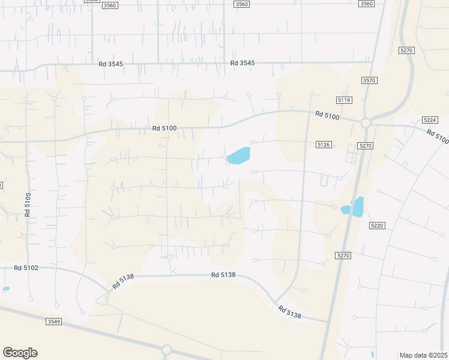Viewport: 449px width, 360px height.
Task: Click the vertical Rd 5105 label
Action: (28, 205)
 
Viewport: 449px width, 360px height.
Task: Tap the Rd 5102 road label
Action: (26, 268)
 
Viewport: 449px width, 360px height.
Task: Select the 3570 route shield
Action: (369, 80)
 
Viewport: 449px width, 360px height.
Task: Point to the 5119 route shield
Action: (344, 100)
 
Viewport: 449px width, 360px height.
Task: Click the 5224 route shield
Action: (429, 120)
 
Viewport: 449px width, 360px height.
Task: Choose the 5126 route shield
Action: (324, 145)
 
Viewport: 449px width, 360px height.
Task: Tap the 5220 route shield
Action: (377, 225)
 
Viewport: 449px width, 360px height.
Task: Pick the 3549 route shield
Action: (53, 322)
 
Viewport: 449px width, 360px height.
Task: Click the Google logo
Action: (20, 353)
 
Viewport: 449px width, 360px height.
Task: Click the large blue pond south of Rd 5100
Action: (239, 155)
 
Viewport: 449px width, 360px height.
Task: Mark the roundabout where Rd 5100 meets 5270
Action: (365, 124)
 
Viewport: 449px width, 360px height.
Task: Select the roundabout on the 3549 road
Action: (166, 350)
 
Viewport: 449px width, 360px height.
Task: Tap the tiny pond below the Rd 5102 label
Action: (6, 289)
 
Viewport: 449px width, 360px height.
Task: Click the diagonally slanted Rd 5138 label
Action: (290, 312)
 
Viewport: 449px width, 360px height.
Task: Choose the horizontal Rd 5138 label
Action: (223, 275)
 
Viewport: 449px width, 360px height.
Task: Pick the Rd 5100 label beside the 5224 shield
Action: (438, 136)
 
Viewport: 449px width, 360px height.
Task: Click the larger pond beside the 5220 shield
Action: (358, 206)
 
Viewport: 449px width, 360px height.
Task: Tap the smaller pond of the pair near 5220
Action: (346, 209)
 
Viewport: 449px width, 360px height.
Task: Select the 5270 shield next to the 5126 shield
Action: (365, 146)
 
